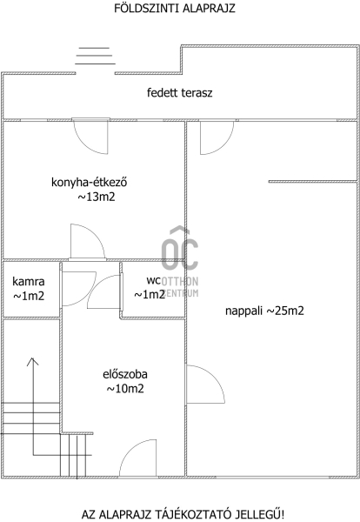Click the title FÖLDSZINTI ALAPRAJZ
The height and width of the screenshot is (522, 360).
[175, 8]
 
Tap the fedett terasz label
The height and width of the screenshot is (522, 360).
[180, 92]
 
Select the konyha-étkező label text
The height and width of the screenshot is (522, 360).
[90, 183]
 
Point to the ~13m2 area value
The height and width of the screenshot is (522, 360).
[97, 197]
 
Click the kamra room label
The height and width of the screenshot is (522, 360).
[29, 282]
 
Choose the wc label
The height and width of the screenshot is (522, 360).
[154, 281]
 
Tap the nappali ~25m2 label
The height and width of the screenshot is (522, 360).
[264, 311]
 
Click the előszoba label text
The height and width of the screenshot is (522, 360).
[125, 374]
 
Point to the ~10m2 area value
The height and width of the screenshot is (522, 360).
[125, 389]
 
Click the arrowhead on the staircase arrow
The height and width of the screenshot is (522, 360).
[32, 361]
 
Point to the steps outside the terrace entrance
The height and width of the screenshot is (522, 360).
[95, 56]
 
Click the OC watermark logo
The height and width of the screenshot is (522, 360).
[180, 248]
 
